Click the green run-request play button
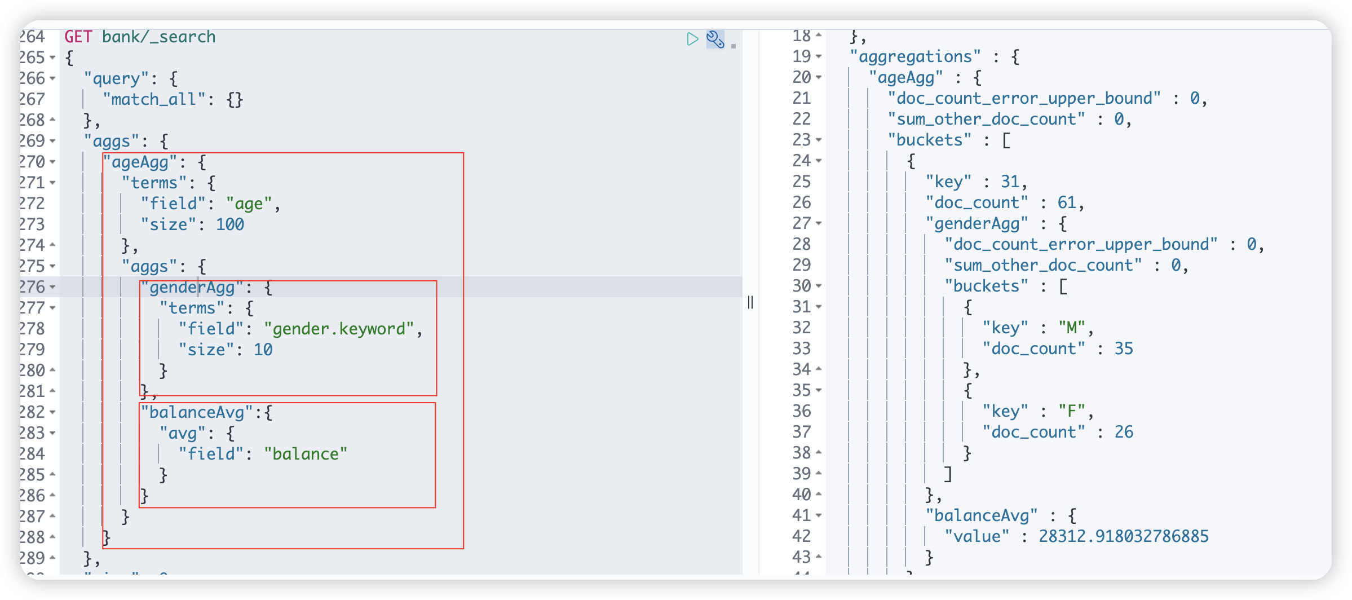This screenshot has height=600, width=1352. pos(692,39)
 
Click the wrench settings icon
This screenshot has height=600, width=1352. pos(715,39)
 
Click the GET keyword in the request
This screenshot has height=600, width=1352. pos(78,37)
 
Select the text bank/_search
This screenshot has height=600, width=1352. pos(158,37)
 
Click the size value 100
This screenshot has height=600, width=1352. pos(230,225)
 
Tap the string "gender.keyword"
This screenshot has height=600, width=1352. pos(339,329)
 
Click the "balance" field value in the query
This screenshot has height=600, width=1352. pos(306,455)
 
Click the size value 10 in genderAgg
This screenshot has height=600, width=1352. pos(263,350)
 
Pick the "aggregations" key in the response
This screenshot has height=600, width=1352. pos(915,57)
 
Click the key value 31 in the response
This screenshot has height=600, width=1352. pos(1010,182)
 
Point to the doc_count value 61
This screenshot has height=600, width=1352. pos(1066,203)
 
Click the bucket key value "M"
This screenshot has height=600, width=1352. pos(1072,328)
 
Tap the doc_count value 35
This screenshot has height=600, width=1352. pos(1123,349)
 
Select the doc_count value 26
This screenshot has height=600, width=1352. pos(1123,433)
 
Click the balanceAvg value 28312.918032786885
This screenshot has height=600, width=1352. pos(1123,537)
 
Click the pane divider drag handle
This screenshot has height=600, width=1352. pos(750,303)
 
